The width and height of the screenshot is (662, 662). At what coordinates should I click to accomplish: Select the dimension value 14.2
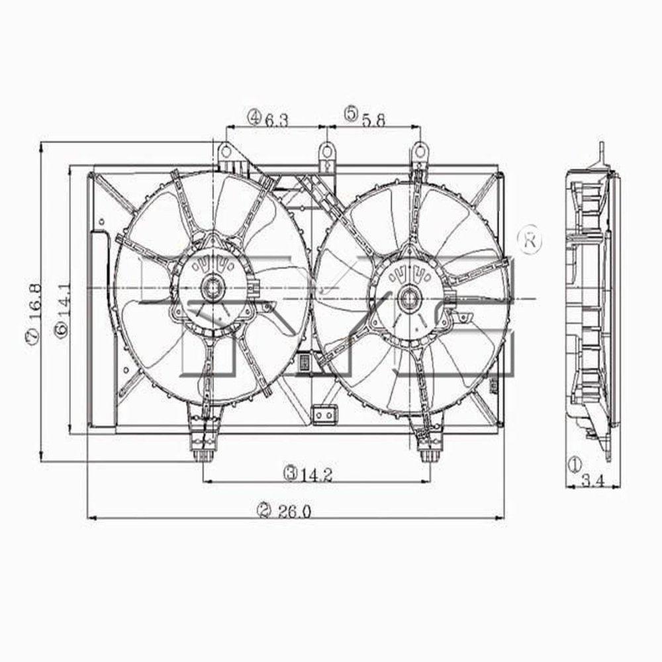pos(316,474)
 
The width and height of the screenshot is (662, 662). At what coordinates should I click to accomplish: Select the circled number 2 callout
pos(265,510)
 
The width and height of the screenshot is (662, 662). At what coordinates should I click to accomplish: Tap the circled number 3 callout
pos(289,474)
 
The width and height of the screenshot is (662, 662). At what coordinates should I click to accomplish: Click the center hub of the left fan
pos(213,287)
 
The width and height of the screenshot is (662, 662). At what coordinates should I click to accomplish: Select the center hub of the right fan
pos(408,294)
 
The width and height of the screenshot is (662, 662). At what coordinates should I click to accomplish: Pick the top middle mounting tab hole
pos(326,152)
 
